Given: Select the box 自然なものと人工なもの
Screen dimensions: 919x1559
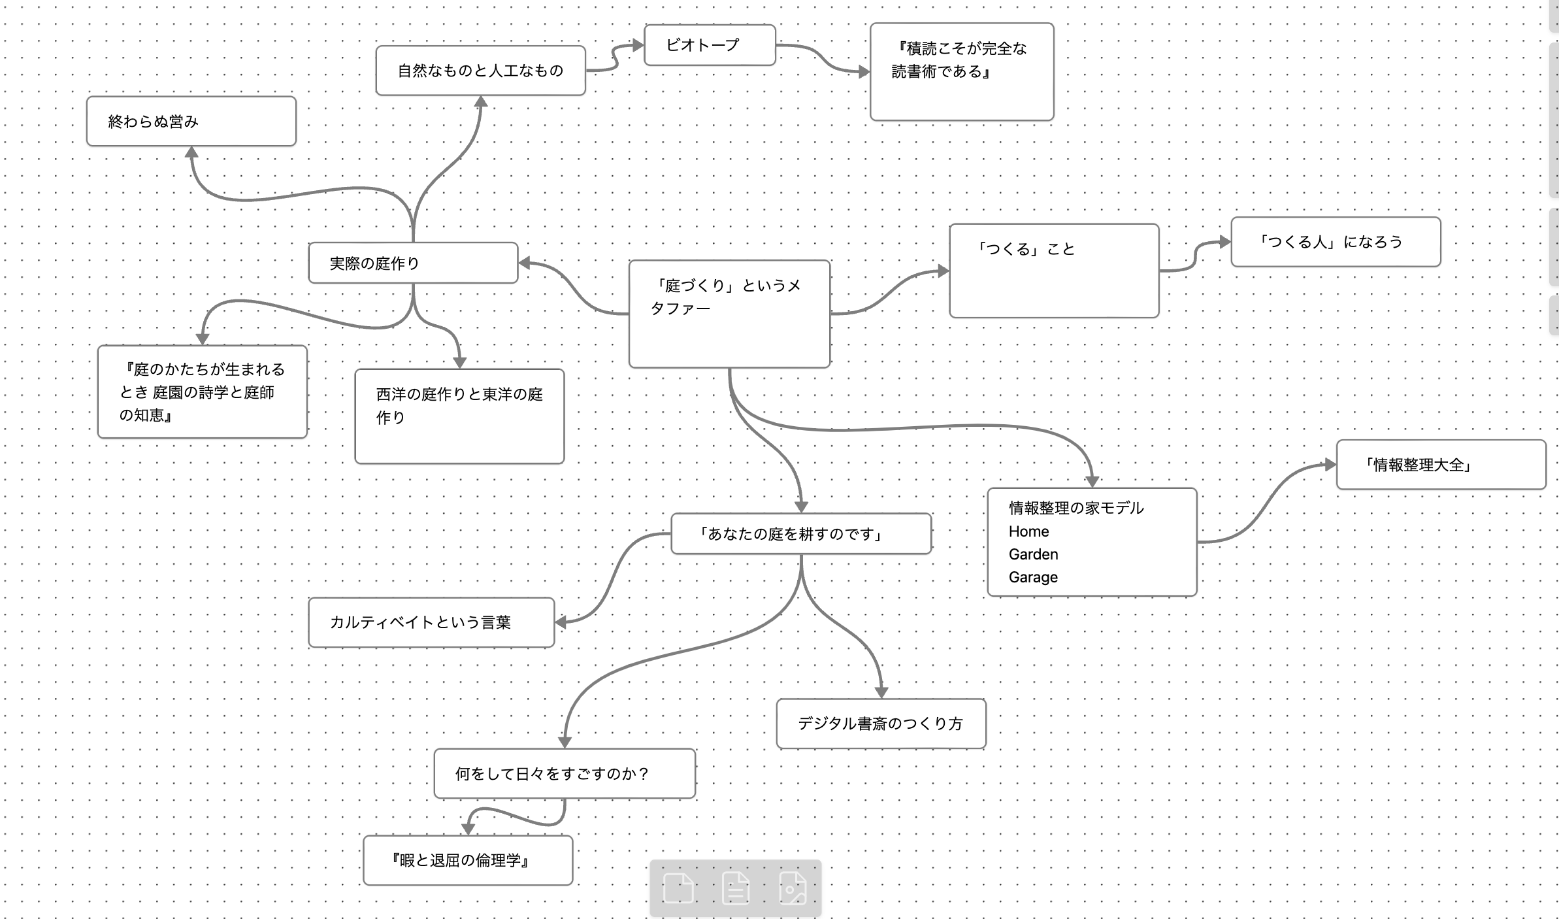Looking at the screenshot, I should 480,71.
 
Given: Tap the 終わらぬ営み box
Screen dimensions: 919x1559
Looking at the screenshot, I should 191,122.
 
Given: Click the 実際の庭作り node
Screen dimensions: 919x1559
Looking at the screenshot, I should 413,263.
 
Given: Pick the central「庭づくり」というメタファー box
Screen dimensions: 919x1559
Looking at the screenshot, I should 729,314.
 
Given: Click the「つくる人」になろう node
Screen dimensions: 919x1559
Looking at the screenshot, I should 1336,242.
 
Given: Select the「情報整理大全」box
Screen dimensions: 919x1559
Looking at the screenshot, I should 1441,465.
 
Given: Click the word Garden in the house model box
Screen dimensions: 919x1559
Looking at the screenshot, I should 1033,554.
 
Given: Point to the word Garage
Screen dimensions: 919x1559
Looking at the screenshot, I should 1033,577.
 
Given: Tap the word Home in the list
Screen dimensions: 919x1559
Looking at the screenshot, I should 1028,531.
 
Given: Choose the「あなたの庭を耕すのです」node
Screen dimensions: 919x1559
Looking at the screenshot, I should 801,534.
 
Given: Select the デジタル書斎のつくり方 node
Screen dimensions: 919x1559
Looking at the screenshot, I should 881,724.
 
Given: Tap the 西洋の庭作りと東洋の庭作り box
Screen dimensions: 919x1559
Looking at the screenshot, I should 459,416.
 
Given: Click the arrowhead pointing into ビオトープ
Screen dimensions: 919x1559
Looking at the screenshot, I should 637,45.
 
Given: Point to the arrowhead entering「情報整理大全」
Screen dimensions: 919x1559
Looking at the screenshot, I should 1330,465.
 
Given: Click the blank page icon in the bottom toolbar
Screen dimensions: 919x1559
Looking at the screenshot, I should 678,888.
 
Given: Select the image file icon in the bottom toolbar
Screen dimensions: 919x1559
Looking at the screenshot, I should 793,888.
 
